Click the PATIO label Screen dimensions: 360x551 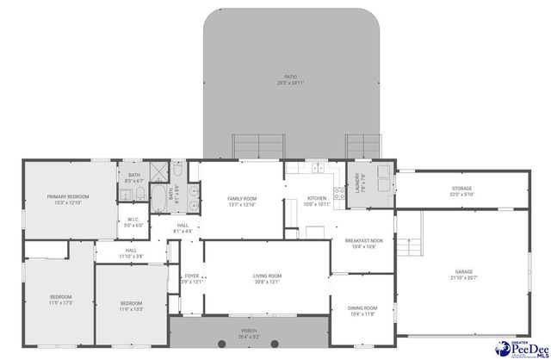pos(291,78)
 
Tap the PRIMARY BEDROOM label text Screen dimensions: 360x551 pos(67,197)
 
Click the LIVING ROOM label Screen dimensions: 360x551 pos(267,276)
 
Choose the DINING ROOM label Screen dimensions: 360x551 pos(362,307)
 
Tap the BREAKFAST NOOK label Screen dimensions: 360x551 pos(362,241)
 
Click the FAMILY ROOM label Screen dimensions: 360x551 pos(243,199)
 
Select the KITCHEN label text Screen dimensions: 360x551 pos(318,199)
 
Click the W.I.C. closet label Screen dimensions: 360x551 pos(133,219)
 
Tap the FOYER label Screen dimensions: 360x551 pos(192,276)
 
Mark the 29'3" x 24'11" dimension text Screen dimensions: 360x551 pos(291,83)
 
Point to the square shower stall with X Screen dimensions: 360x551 pos(158,170)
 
